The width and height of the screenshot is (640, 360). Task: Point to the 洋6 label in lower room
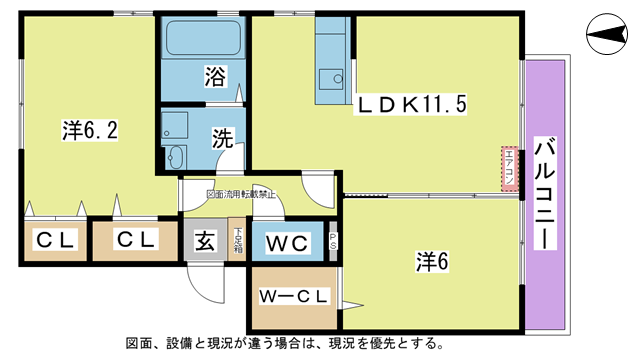tap(432, 261)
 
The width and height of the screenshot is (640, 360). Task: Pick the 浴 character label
tap(214, 76)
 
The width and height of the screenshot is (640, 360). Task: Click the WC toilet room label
tap(287, 242)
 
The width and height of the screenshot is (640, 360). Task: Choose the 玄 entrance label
tap(204, 241)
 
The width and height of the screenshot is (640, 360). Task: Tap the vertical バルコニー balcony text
tap(547, 195)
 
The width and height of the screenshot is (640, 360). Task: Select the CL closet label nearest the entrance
tap(133, 240)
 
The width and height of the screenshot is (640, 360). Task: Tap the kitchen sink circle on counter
tap(337, 76)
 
